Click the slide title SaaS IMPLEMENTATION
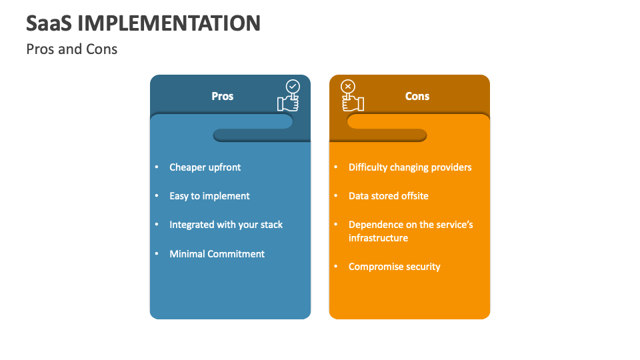[x=143, y=23]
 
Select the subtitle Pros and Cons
[x=72, y=49]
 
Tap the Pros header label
[x=223, y=96]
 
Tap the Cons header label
[x=417, y=96]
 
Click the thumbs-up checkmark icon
[x=289, y=96]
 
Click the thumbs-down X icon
[x=351, y=96]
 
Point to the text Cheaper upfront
[x=205, y=167]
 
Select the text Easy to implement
[x=209, y=196]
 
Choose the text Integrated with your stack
[x=226, y=225]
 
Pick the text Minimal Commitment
[x=217, y=254]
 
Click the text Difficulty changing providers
[x=410, y=167]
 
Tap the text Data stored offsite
[x=389, y=196]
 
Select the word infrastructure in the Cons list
[x=378, y=238]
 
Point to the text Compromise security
[x=395, y=267]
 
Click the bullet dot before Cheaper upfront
[x=157, y=167]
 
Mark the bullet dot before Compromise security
[x=335, y=267]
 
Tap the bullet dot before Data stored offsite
[x=335, y=196]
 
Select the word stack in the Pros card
[x=271, y=225]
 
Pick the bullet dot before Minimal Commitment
[x=157, y=254]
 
